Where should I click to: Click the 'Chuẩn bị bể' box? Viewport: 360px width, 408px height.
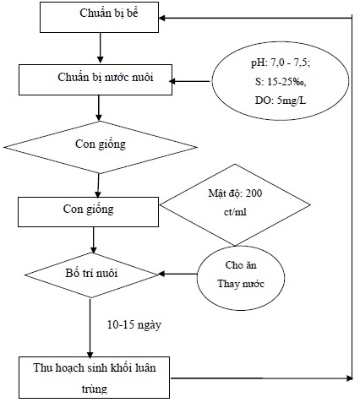point(99,17)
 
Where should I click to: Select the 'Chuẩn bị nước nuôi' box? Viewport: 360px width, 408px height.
point(95,79)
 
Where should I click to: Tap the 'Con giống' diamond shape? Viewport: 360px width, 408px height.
point(100,147)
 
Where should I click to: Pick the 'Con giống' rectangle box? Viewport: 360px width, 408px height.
point(88,212)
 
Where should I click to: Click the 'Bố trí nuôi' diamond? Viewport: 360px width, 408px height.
point(91,275)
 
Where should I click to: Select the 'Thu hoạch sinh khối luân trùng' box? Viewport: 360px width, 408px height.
point(94,378)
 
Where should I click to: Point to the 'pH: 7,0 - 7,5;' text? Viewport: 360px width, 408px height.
point(281,63)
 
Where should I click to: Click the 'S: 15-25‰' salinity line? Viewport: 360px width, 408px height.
point(281,82)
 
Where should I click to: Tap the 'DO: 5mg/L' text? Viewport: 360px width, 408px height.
point(281,101)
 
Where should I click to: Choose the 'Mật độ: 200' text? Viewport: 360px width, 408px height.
point(235,193)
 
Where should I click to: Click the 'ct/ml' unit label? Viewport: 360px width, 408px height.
point(235,212)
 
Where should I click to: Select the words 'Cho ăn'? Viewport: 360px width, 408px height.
point(241,265)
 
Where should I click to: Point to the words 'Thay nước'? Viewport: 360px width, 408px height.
point(241,284)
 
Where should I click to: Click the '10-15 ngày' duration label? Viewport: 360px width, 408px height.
point(134,325)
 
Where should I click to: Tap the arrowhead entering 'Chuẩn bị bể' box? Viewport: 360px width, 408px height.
point(162,18)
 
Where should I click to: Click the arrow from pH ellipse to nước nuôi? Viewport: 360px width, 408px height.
point(189,81)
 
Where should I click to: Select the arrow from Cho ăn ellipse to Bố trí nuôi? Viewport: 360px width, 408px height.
point(177,274)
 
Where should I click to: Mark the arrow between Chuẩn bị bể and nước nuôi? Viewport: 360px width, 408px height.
point(100,48)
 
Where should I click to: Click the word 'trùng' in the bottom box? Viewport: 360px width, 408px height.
point(95,389)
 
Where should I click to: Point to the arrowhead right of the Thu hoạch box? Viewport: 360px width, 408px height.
point(350,378)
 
